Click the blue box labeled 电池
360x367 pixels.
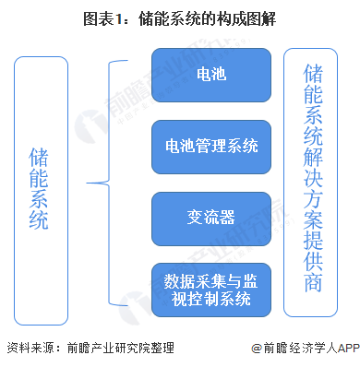pos(211,72)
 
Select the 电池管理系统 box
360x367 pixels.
pos(211,145)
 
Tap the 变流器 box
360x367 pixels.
pos(211,218)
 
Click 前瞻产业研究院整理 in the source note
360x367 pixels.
pos(120,348)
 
